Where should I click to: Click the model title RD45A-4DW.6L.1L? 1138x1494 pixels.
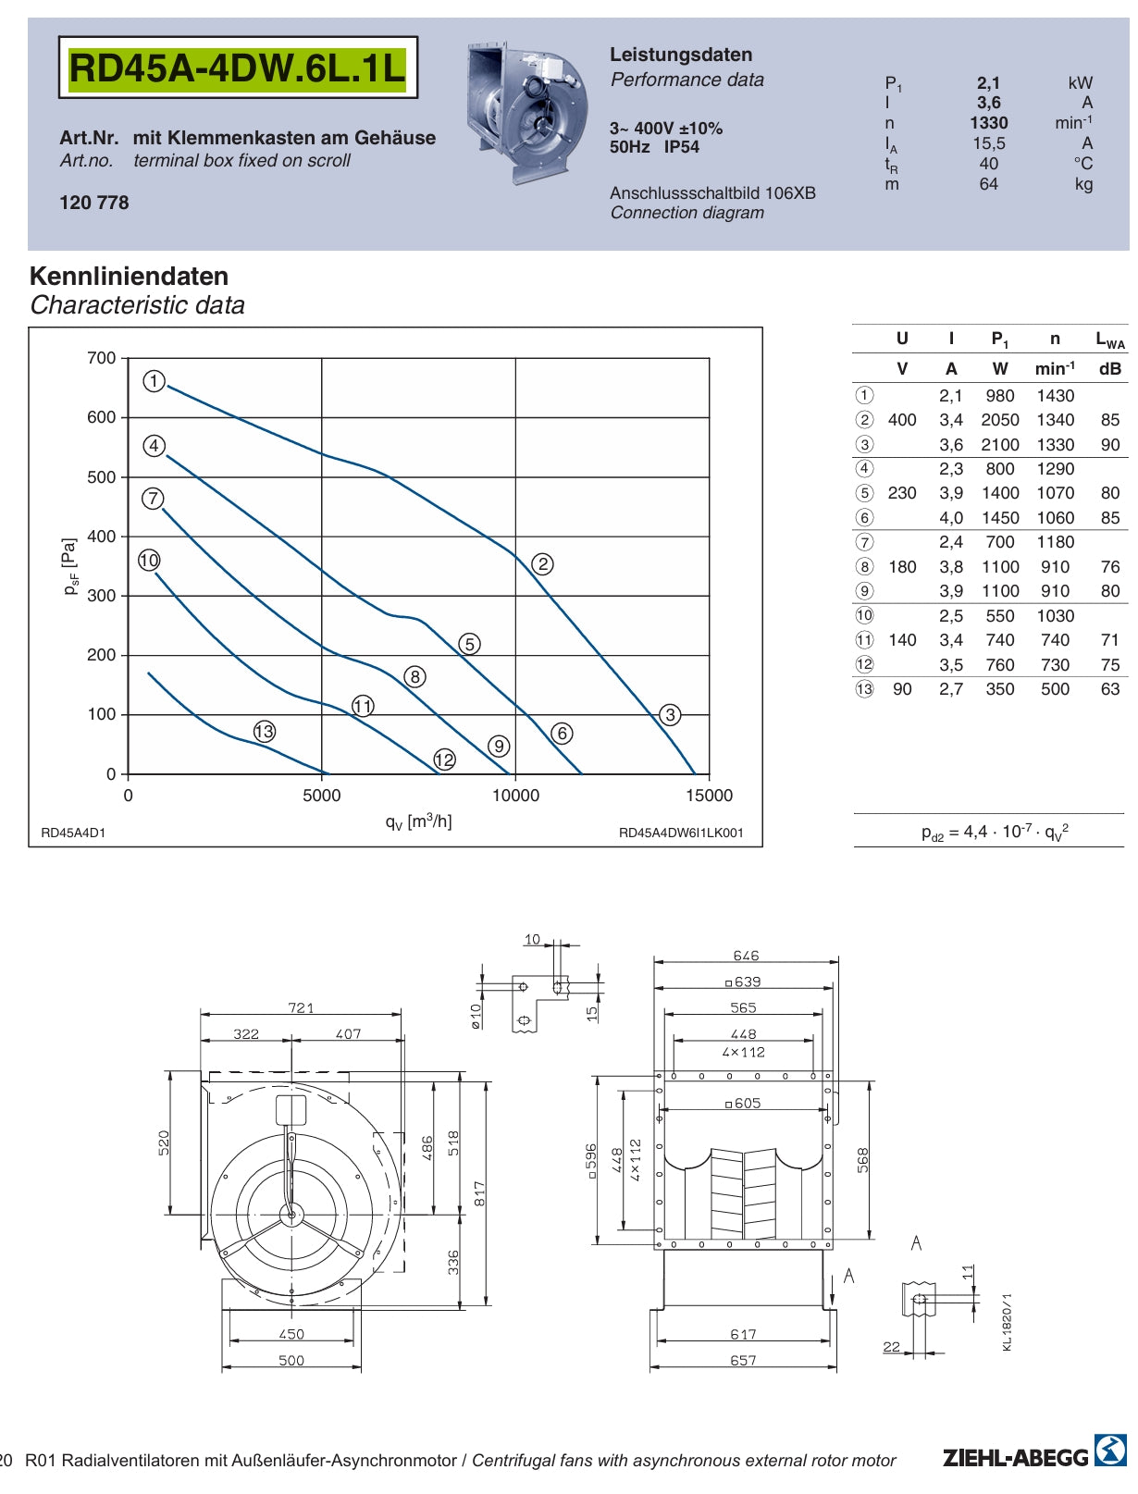tap(238, 68)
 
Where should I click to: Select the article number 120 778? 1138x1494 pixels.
tap(94, 203)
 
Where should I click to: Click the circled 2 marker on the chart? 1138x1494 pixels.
tap(542, 563)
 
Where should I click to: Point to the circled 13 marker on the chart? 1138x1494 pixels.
tap(265, 732)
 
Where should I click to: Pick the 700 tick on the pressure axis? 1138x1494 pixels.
tap(102, 358)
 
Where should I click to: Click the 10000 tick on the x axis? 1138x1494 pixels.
tap(515, 796)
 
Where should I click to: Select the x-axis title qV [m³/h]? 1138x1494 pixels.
tap(418, 821)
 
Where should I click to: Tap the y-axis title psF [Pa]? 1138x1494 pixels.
tap(70, 566)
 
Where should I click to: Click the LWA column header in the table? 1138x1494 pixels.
tap(1110, 340)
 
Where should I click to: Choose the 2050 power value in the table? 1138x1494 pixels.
tap(1000, 420)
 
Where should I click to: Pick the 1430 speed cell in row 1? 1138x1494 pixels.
tap(1055, 396)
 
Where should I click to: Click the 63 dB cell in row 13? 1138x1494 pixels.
tap(1110, 689)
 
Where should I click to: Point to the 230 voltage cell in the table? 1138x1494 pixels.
tap(902, 493)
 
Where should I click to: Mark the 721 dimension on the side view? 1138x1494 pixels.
tap(301, 1007)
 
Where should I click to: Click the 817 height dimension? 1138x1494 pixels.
tap(479, 1193)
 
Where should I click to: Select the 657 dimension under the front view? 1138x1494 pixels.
tap(743, 1360)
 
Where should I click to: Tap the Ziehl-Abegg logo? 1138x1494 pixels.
tap(1034, 1457)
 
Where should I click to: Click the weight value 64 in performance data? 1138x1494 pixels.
tap(988, 184)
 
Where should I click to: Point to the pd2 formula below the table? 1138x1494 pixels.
tap(995, 832)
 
